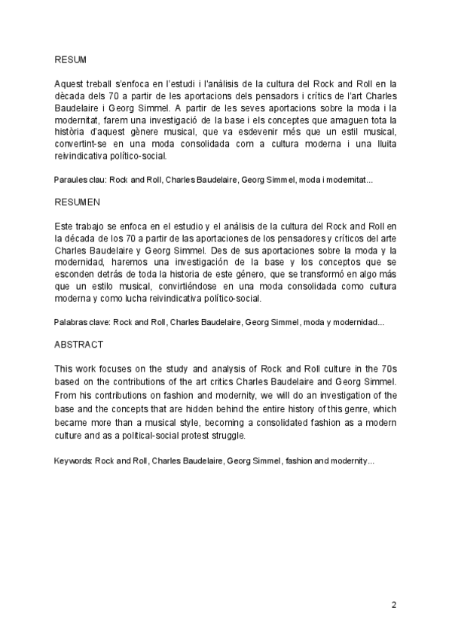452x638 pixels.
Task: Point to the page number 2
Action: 394,605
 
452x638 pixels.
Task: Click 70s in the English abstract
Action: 387,369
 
